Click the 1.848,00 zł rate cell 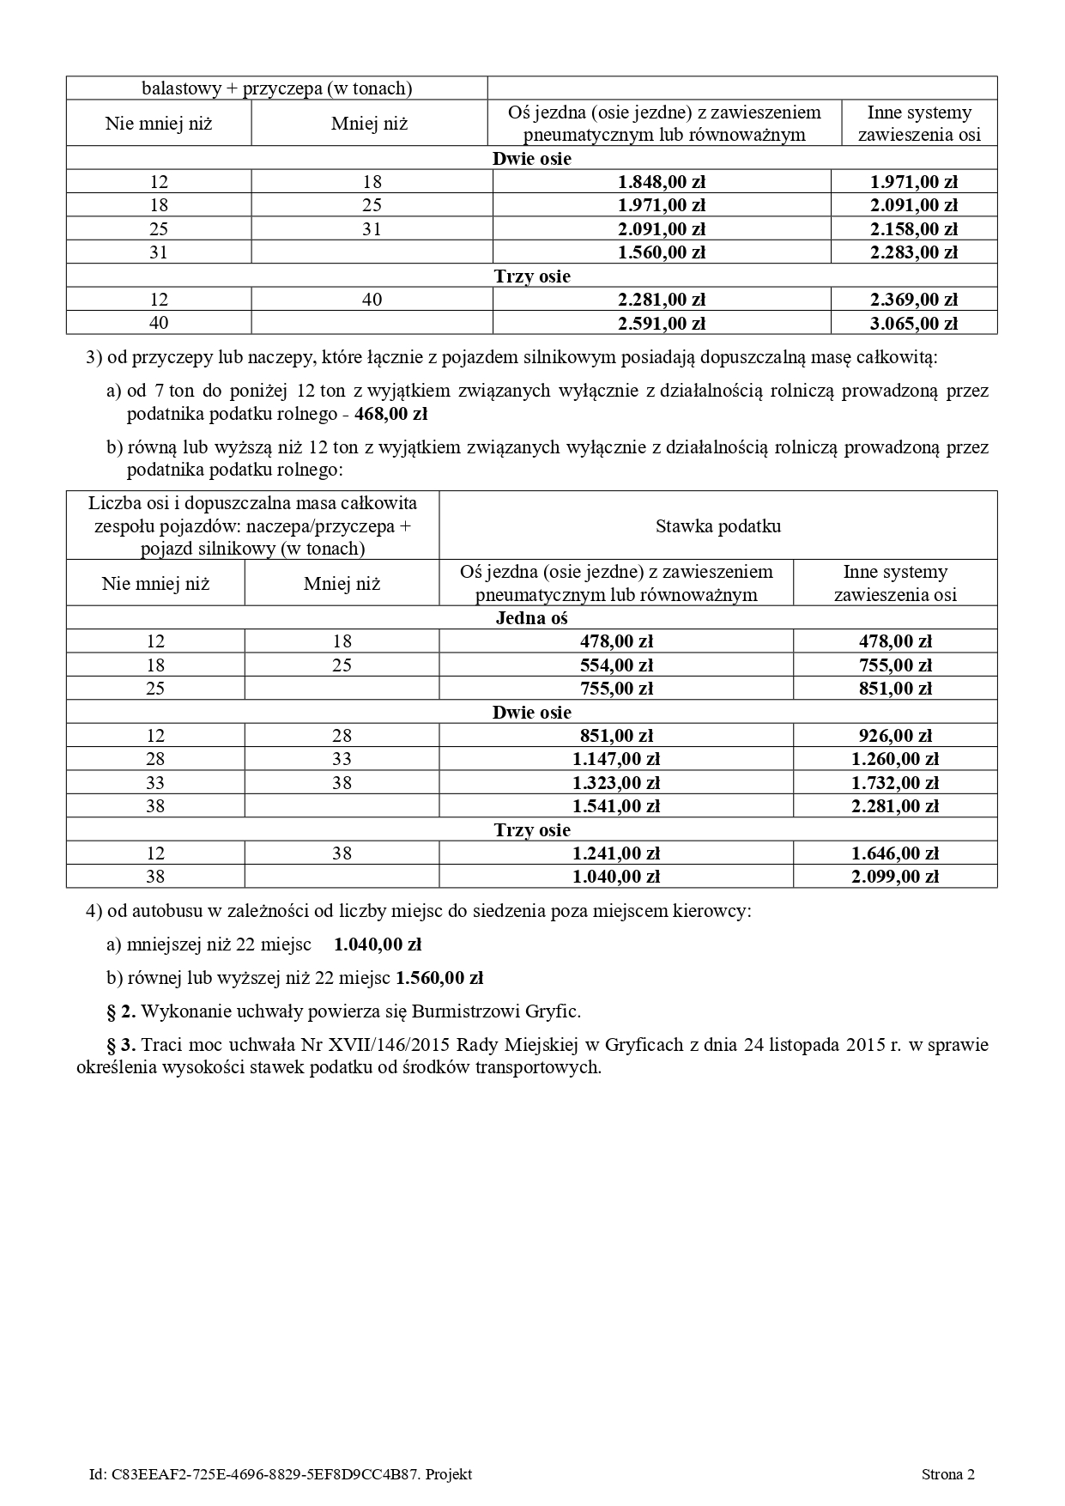(x=661, y=181)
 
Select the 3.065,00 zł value (x=913, y=323)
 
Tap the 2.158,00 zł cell (x=913, y=228)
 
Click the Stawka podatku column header (x=717, y=525)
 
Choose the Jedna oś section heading (x=531, y=617)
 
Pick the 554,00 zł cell (x=615, y=665)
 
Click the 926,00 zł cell (x=895, y=735)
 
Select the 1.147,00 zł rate (x=615, y=759)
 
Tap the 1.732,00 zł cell (x=895, y=782)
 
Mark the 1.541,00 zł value (x=615, y=805)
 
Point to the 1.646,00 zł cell (x=895, y=853)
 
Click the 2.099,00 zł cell (x=895, y=876)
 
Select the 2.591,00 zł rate (x=661, y=323)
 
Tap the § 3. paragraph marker (x=121, y=1045)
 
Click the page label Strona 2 (x=947, y=1474)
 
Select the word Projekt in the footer (x=449, y=1474)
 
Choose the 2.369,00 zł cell (x=913, y=299)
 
